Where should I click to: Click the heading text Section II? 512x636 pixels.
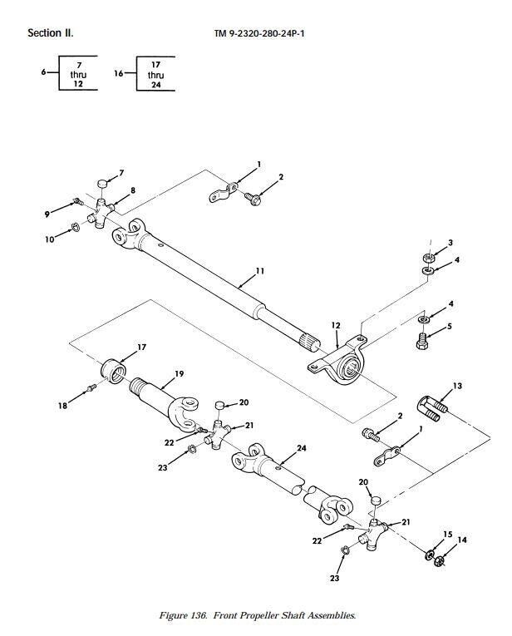click(51, 34)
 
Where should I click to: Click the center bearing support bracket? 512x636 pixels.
click(340, 361)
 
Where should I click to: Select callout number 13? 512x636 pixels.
click(457, 386)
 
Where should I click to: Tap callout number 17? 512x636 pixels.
click(141, 346)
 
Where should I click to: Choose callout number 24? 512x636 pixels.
click(302, 448)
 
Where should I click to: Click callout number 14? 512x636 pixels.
click(462, 540)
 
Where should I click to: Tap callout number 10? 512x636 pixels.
click(49, 239)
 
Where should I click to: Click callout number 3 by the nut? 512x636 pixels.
click(450, 243)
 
